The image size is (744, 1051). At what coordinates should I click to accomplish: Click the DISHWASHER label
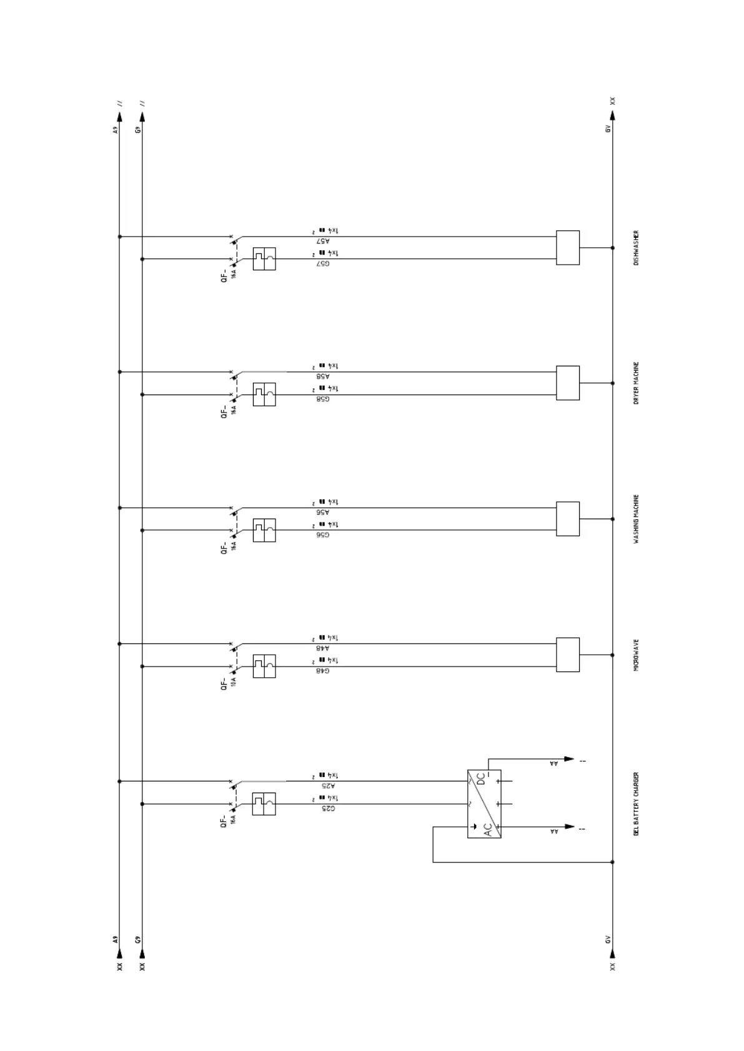coord(636,248)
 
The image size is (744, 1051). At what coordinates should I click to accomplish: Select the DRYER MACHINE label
coord(636,383)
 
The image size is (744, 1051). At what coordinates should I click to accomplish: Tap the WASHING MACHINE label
coord(636,519)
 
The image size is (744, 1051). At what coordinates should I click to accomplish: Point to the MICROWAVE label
coord(636,655)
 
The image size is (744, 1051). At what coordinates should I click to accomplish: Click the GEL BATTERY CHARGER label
coord(636,804)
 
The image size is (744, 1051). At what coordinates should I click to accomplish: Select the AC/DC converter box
coord(484,804)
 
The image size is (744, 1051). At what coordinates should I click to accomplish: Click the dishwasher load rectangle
coord(567,248)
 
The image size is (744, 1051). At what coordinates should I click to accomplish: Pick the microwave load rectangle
coord(567,655)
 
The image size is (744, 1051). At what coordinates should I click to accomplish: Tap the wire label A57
coord(323,241)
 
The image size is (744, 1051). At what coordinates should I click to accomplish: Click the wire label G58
coord(323,399)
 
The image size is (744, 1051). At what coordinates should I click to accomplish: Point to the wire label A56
coord(323,512)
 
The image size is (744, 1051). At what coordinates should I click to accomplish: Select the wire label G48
coord(323,671)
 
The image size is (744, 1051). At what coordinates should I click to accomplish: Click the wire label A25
coord(329,786)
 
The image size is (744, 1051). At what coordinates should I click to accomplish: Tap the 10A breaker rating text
coord(233,681)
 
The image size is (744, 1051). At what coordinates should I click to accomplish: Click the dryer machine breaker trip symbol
coord(264,394)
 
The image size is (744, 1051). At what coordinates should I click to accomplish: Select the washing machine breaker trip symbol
coord(264,530)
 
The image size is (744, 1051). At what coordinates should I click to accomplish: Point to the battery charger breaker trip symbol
coord(264,804)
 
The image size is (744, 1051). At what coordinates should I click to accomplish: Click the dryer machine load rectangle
coord(567,383)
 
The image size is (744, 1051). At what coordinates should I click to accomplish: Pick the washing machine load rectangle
coord(567,519)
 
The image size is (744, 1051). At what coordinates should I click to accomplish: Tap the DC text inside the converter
coord(480,779)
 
